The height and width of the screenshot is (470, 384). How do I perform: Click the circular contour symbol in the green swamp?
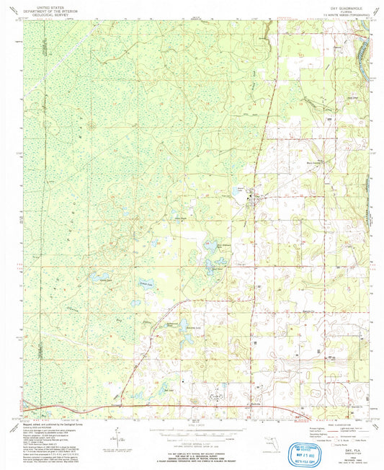[91, 127]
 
